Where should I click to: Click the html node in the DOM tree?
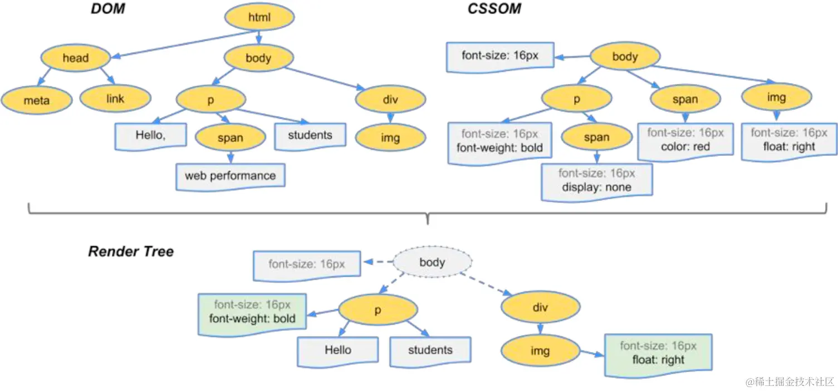tap(259, 18)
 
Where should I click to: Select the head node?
tap(75, 58)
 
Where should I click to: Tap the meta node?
tap(37, 100)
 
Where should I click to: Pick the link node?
tap(115, 99)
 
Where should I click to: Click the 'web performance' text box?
tap(230, 176)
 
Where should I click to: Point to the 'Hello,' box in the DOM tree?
tap(150, 135)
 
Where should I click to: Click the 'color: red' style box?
tap(685, 140)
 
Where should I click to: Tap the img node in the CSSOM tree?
tap(776, 97)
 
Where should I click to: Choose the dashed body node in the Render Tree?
tap(433, 262)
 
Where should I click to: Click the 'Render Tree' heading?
tap(131, 251)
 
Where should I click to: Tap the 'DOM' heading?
tap(108, 9)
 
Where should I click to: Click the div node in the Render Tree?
tap(540, 307)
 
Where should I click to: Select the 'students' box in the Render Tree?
tap(430, 350)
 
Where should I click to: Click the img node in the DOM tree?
tap(390, 138)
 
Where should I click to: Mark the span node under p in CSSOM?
tap(596, 138)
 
